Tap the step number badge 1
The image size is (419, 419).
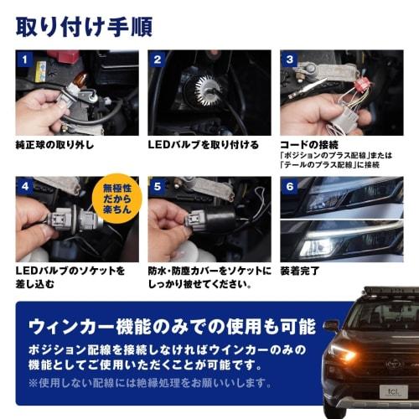click(25, 61)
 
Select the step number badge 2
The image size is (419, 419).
click(157, 61)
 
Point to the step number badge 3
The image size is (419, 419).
click(289, 61)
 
